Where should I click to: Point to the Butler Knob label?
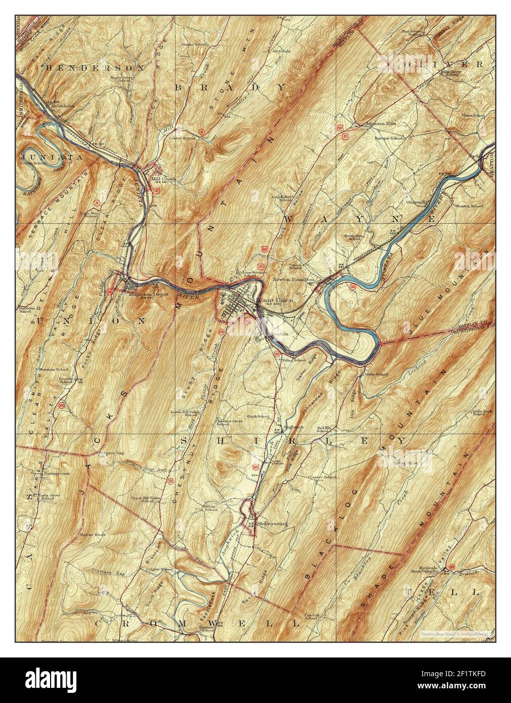pyautogui.click(x=92, y=548)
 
